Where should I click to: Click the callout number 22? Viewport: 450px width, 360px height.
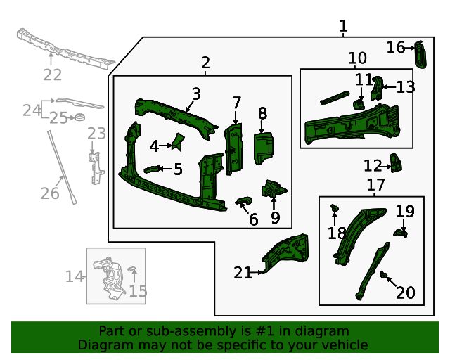(52, 75)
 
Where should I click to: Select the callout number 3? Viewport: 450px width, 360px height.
(196, 94)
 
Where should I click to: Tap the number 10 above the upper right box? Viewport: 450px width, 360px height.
(357, 58)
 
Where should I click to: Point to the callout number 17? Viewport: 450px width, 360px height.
(376, 185)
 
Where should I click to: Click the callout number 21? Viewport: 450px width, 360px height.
(243, 273)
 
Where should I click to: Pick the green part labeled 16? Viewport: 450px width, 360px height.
(421, 53)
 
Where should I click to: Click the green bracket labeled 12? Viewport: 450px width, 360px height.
(397, 164)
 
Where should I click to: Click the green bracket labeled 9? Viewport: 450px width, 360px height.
(273, 190)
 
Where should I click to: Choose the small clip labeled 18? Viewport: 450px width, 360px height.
(334, 208)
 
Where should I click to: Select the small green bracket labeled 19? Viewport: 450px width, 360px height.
(401, 231)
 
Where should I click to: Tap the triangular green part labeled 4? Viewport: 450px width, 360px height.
(177, 142)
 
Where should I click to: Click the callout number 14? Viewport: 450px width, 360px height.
(75, 276)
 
